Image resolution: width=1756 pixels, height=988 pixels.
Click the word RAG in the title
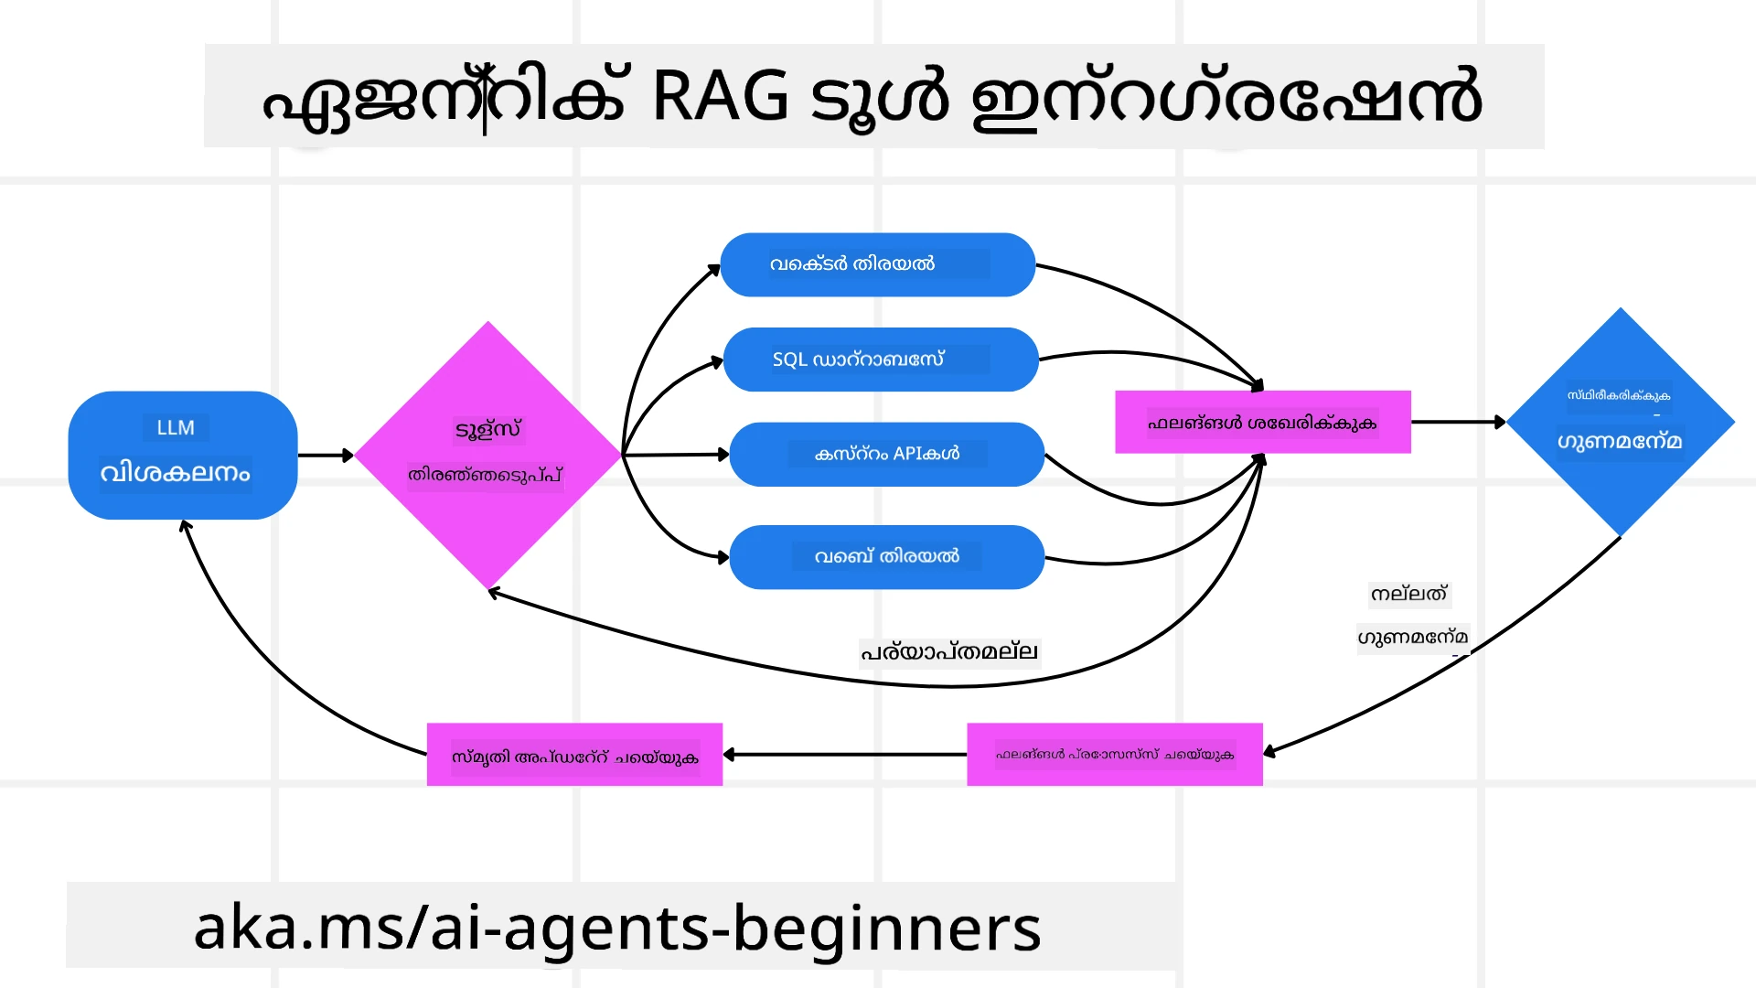tap(720, 97)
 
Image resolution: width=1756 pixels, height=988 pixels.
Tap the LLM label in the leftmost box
tap(176, 428)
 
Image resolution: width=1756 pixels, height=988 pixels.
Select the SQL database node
tap(880, 360)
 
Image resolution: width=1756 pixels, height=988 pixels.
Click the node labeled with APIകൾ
tap(886, 454)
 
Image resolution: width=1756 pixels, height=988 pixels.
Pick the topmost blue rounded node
tap(877, 264)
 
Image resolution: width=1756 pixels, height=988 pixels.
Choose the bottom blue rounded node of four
tap(886, 557)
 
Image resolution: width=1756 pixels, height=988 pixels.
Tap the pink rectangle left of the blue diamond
tap(1262, 423)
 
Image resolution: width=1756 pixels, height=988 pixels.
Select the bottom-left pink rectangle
tap(574, 756)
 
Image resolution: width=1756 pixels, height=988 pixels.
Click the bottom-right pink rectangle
tap(1114, 756)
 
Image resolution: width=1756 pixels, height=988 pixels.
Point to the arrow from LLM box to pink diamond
tap(325, 455)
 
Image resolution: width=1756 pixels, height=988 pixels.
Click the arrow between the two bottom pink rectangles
tap(844, 755)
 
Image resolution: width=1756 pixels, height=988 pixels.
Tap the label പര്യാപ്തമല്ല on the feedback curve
tap(948, 652)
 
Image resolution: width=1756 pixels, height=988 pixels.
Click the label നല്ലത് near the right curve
tap(1408, 595)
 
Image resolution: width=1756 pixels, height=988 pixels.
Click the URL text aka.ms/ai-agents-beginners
tap(617, 928)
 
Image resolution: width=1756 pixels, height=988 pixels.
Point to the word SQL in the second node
tap(790, 360)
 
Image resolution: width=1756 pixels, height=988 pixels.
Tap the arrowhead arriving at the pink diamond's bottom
tap(494, 594)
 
